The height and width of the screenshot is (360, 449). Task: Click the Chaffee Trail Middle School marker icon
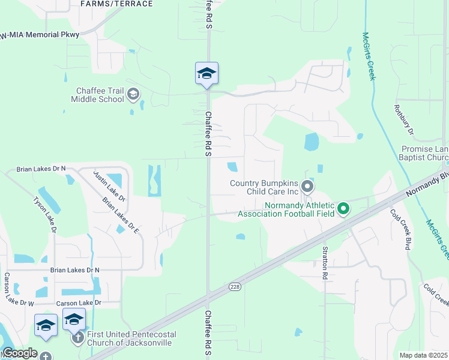[133, 94]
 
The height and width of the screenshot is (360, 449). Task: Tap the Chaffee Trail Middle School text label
[97, 95]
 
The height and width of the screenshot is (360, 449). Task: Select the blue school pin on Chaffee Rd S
[206, 74]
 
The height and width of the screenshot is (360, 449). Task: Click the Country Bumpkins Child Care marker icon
[307, 187]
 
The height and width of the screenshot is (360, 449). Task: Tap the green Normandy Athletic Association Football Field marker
[343, 209]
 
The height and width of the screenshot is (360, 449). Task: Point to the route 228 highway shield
[234, 287]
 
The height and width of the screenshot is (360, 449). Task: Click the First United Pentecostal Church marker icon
[78, 338]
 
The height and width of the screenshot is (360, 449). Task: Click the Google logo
[19, 353]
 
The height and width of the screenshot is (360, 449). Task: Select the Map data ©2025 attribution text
[423, 355]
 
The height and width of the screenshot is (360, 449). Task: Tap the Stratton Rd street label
[325, 263]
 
